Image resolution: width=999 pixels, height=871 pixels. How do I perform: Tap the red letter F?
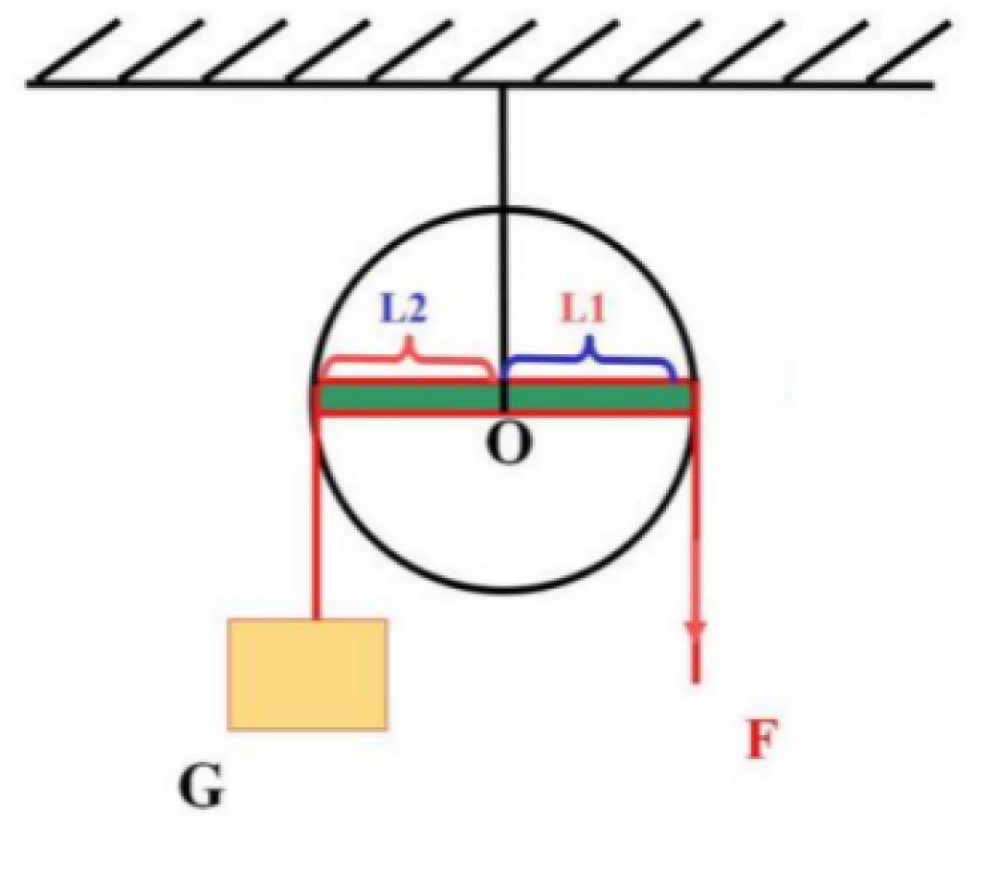click(x=761, y=739)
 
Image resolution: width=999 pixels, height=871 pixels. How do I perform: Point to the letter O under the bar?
click(x=508, y=443)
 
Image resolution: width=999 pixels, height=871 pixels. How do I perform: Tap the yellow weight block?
click(x=308, y=674)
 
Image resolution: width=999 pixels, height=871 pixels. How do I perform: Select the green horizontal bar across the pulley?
click(x=504, y=399)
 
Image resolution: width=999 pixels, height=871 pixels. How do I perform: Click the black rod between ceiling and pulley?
click(x=504, y=249)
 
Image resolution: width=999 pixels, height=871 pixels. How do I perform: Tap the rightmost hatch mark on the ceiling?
click(x=910, y=52)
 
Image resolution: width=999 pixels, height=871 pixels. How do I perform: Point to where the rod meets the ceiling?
click(x=504, y=86)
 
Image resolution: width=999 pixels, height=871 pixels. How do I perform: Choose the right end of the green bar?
click(x=692, y=399)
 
